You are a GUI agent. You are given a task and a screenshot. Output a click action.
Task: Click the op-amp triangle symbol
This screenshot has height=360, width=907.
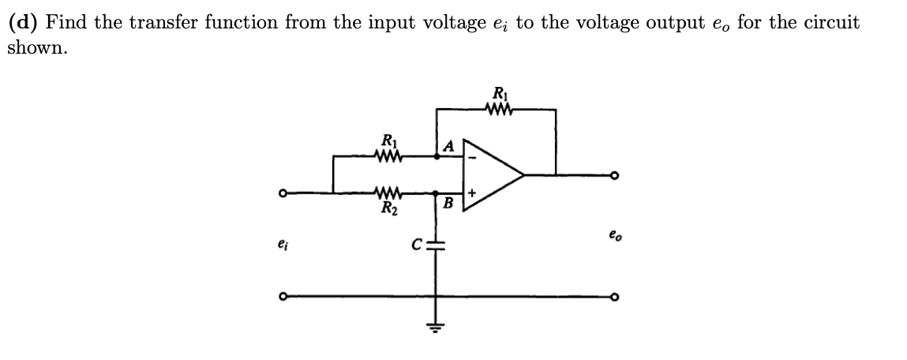click(x=489, y=174)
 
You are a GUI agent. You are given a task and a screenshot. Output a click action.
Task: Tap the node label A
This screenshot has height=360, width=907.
click(x=449, y=145)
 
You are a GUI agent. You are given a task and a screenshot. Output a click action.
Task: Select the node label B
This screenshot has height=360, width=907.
click(x=447, y=204)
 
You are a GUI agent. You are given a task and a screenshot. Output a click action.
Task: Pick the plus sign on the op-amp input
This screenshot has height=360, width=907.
click(x=472, y=192)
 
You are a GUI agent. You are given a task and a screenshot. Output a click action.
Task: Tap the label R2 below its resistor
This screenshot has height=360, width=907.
click(x=388, y=208)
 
